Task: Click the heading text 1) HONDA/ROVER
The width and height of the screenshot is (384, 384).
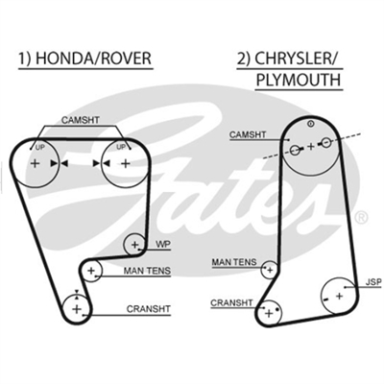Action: click(x=84, y=59)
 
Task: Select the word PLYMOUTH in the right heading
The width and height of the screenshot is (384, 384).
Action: click(x=299, y=80)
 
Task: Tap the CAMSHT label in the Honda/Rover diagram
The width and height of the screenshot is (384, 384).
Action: click(x=81, y=120)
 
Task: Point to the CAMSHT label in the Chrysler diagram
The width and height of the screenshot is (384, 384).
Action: click(x=248, y=134)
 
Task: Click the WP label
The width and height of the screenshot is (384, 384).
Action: click(x=163, y=245)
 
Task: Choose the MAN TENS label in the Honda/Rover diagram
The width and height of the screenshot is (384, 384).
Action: click(x=147, y=271)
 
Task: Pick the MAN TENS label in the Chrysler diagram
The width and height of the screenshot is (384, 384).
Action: click(x=234, y=262)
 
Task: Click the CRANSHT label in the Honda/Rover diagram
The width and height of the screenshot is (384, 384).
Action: click(x=149, y=309)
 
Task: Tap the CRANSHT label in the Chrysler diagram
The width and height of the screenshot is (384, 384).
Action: click(x=231, y=302)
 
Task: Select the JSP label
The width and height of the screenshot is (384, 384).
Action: click(x=374, y=282)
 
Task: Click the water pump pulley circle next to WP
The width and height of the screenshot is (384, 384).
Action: click(x=134, y=244)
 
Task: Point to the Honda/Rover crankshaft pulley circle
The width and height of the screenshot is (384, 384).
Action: click(x=77, y=309)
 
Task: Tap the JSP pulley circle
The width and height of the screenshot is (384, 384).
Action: click(x=339, y=296)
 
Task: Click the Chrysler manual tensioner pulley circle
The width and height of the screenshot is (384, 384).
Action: click(x=270, y=270)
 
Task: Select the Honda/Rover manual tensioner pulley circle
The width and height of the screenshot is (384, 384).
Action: click(x=91, y=271)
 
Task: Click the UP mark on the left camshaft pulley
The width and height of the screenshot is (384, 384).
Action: click(x=40, y=147)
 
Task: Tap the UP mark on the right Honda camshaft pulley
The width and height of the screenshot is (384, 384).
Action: click(x=121, y=147)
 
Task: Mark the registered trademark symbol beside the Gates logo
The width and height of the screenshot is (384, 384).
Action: click(x=362, y=218)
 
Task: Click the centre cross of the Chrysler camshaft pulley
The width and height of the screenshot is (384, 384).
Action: click(x=311, y=147)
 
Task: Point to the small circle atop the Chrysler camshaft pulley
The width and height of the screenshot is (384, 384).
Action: click(x=310, y=124)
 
